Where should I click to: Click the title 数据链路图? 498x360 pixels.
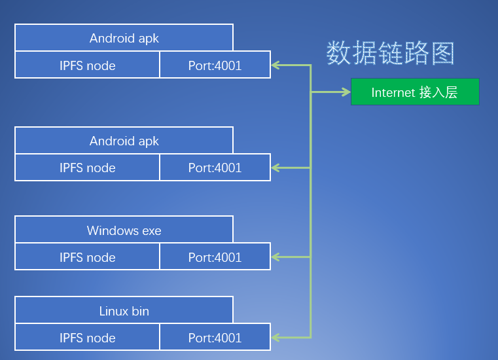point(390,53)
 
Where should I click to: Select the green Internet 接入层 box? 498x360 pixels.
point(415,92)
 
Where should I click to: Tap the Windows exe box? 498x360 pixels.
point(124,230)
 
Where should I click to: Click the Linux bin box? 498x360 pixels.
point(124,310)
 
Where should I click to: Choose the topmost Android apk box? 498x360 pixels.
point(124,38)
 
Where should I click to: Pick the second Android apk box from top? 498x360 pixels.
point(124,141)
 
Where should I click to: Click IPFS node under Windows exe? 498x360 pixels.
point(87,257)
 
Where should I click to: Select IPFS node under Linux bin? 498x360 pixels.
point(87,337)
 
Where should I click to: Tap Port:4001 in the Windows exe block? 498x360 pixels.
point(215,257)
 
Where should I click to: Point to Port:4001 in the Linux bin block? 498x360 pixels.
point(215,337)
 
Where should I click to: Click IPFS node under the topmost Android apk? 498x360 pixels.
point(87,65)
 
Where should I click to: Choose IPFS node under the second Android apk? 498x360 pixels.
point(87,168)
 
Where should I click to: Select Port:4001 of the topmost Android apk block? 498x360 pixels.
point(215,65)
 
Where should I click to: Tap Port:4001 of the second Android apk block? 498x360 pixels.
point(215,168)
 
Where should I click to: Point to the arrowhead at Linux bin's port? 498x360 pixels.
point(276,337)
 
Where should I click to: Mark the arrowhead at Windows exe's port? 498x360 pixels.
point(276,257)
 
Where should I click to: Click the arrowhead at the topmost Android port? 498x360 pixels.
point(276,65)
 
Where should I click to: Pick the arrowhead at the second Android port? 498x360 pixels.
point(276,168)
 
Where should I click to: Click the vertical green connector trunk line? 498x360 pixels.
point(311,209)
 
